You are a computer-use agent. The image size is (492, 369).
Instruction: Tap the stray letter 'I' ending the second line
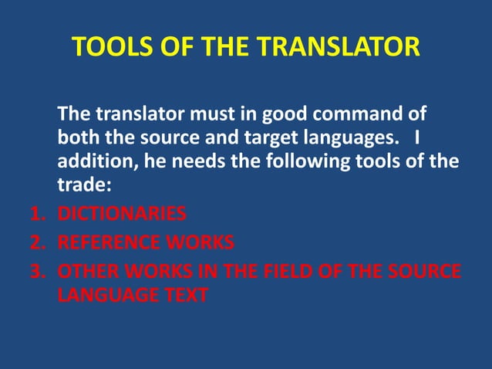(x=416, y=139)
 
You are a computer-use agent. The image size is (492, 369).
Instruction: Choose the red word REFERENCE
(x=108, y=243)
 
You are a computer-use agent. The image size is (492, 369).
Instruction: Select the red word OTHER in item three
(x=86, y=273)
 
